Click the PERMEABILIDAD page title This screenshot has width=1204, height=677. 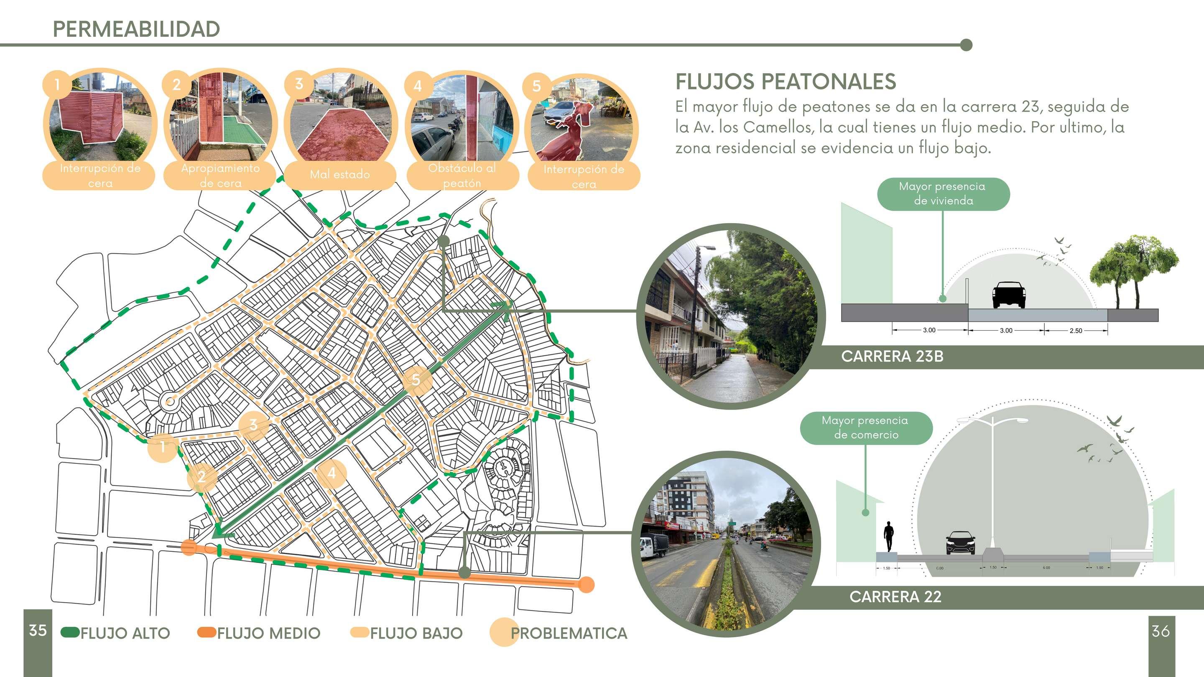(x=136, y=29)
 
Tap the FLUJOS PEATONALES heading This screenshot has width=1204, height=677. (x=785, y=82)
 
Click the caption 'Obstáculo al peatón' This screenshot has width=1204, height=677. (x=462, y=175)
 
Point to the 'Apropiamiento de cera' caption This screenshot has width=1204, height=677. (x=220, y=175)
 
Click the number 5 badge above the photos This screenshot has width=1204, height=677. (x=536, y=86)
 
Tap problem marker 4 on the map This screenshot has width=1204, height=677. (x=332, y=473)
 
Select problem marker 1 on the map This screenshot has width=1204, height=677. (x=162, y=447)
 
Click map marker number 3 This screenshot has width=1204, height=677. (x=253, y=425)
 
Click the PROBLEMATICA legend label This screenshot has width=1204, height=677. (x=569, y=633)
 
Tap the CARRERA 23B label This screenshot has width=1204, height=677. (x=892, y=356)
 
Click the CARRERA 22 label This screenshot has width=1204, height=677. (x=895, y=597)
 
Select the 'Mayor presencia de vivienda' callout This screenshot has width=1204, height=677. (x=943, y=193)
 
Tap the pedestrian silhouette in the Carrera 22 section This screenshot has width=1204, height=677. (x=888, y=537)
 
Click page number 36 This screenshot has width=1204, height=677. (x=1161, y=631)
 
